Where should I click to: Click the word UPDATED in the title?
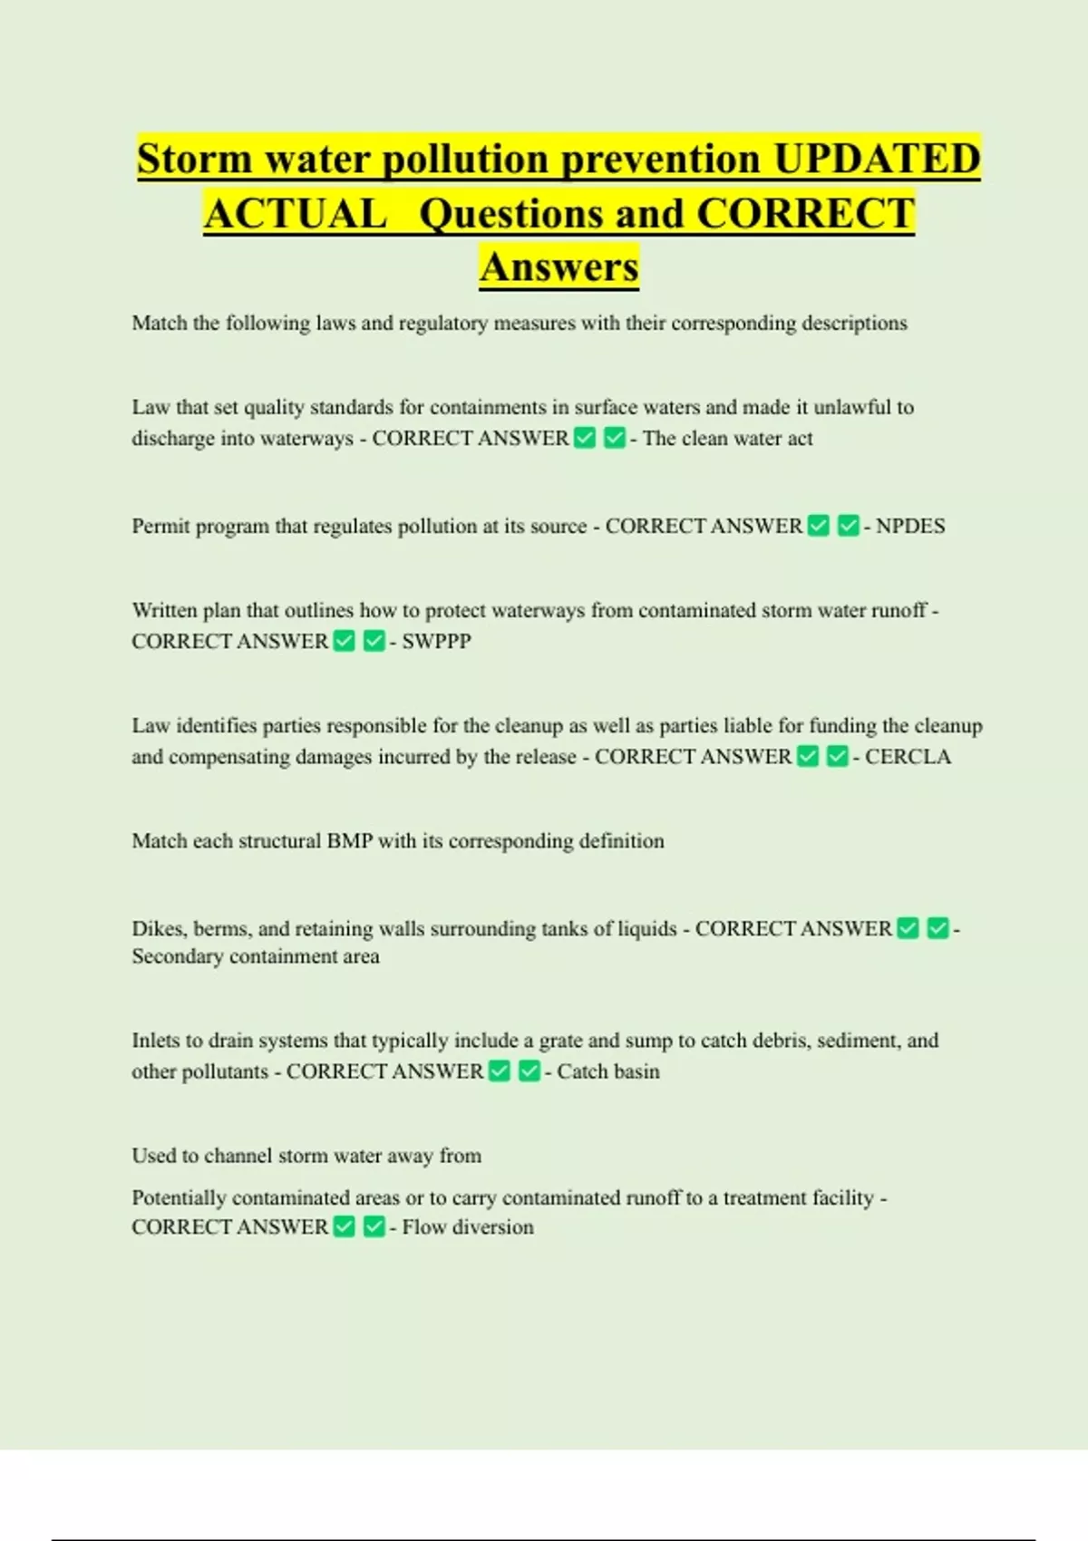877,159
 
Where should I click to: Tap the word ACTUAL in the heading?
296,214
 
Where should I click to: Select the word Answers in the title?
559,267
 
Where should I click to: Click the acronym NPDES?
910,527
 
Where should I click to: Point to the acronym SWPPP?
436,642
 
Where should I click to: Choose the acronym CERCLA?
908,757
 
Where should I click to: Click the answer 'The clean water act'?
727,439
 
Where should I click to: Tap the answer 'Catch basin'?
608,1071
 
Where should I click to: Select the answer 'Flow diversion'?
468,1227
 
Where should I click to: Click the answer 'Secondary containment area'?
256,956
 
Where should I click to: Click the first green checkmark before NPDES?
819,527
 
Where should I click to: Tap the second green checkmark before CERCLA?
838,757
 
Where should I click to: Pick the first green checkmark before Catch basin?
500,1071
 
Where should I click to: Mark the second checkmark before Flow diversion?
374,1227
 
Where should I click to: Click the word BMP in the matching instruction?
350,841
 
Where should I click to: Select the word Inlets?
158,1041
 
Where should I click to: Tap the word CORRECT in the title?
805,214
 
